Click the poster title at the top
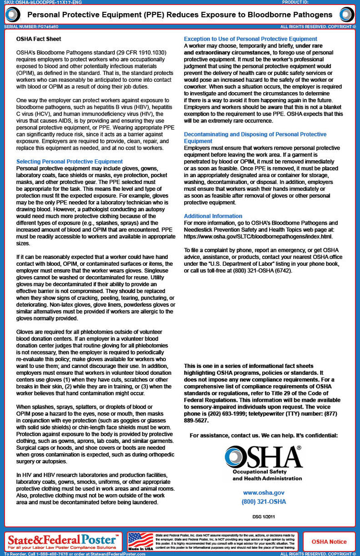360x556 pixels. click(x=180, y=15)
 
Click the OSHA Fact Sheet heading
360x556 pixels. click(x=38, y=40)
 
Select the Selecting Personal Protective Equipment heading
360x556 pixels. click(x=69, y=162)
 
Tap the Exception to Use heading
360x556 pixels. click(x=250, y=39)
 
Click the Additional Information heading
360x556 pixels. click(x=213, y=216)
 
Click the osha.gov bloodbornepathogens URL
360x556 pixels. click(x=259, y=237)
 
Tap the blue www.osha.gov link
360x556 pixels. click(x=264, y=493)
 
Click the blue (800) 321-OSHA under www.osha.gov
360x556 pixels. click(x=264, y=502)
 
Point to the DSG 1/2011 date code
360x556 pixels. click(x=264, y=517)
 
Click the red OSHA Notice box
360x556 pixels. click(x=329, y=542)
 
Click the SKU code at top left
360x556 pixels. click(x=40, y=2)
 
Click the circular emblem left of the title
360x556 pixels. click(x=11, y=15)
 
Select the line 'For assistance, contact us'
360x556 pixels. click(x=264, y=436)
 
